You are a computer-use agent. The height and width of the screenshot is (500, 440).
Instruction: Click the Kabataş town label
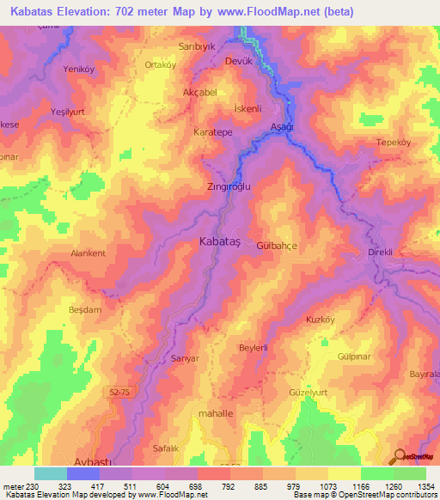[219, 242]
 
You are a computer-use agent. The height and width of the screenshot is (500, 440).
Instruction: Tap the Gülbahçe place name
[277, 245]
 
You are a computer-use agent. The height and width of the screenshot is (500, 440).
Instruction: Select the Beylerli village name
[254, 347]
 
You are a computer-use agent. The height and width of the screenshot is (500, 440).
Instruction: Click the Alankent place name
[88, 253]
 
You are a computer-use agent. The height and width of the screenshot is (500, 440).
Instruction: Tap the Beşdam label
[85, 309]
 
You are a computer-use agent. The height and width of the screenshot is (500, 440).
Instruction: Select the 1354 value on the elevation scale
[425, 487]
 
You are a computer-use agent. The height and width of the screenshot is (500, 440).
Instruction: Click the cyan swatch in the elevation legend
[51, 473]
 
